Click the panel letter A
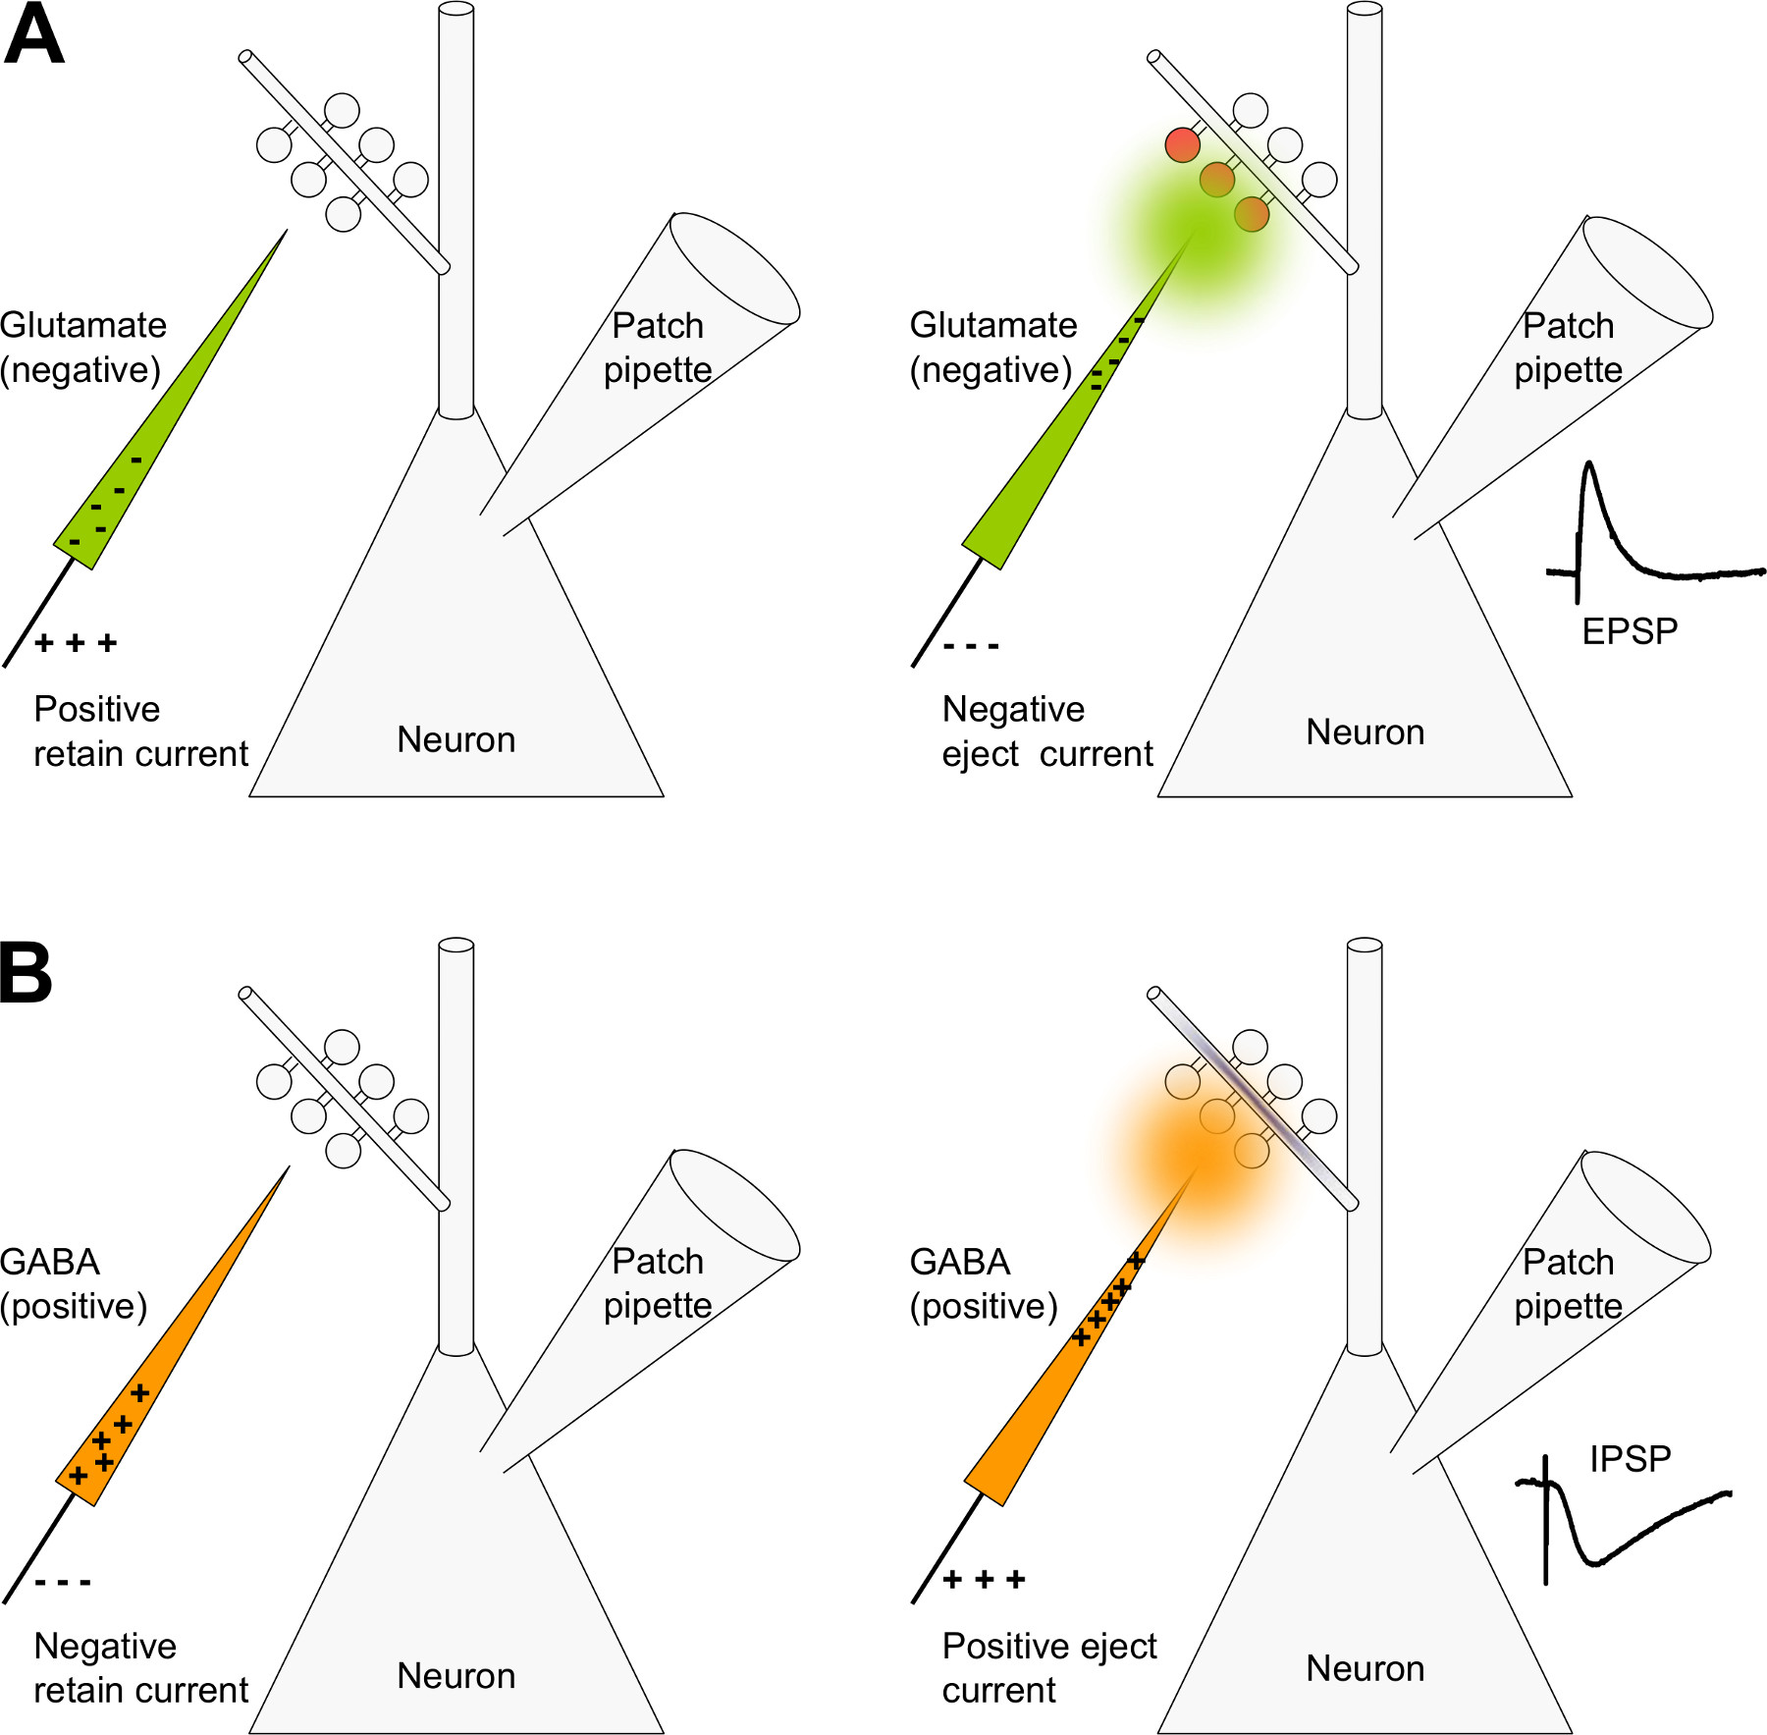click(x=34, y=35)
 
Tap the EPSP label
click(x=1630, y=631)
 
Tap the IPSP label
click(x=1630, y=1459)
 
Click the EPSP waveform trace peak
click(x=1589, y=465)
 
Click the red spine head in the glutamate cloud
click(x=1183, y=144)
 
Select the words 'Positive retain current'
click(x=139, y=732)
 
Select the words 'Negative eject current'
click(x=1046, y=732)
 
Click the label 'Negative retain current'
click(x=139, y=1668)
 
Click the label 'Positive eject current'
click(x=1048, y=1668)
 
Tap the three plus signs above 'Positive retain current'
click(x=76, y=643)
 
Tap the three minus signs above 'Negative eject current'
click(x=971, y=646)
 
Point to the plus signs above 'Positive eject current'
click(x=984, y=1580)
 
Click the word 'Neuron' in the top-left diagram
click(x=455, y=739)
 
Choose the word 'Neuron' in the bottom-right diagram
click(x=1365, y=1669)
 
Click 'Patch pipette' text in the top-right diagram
click(x=1568, y=348)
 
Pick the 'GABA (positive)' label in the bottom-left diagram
click(x=74, y=1284)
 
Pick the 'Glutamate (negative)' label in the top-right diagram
click(x=992, y=348)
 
